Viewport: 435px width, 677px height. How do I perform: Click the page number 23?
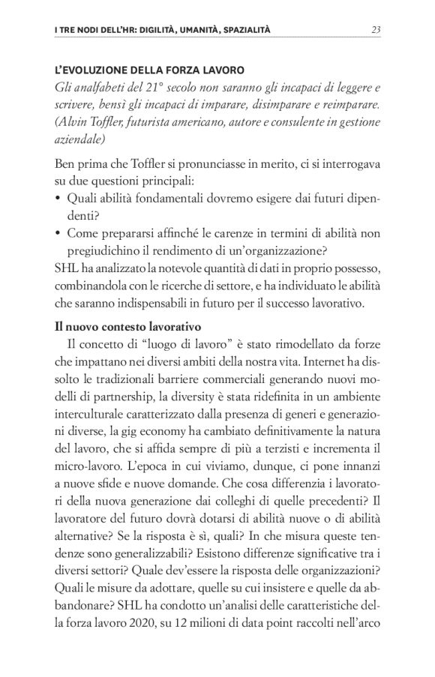(376, 30)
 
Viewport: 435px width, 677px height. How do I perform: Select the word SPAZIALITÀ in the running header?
(239, 30)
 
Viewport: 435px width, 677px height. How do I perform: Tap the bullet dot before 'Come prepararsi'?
(59, 233)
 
